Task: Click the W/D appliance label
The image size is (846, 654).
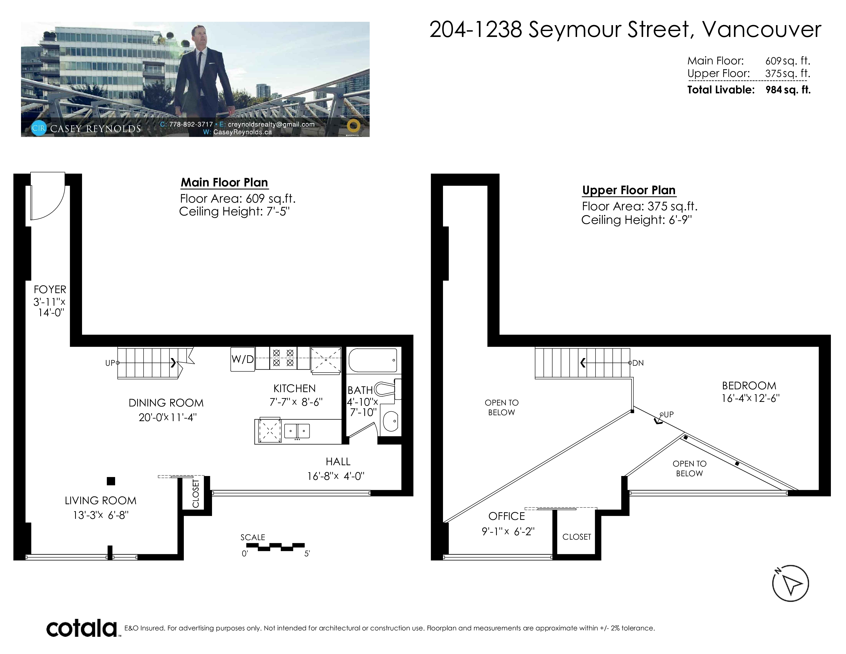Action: click(x=243, y=359)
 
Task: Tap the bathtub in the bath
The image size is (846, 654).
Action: click(x=373, y=360)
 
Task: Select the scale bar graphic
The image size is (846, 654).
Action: click(x=275, y=547)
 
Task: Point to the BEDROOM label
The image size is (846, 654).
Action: click(x=749, y=386)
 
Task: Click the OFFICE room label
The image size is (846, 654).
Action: click(x=507, y=516)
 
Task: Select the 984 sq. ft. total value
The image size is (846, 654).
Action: click(x=788, y=90)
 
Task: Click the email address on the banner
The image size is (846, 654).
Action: click(x=271, y=124)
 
